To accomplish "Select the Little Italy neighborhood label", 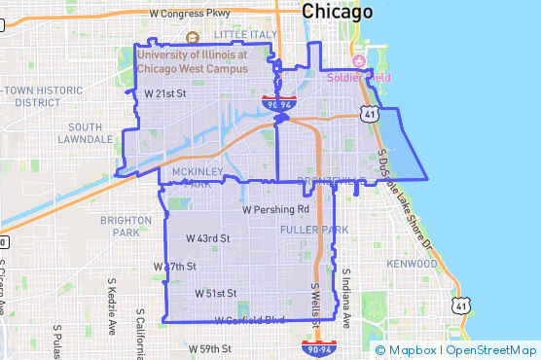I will (x=244, y=34).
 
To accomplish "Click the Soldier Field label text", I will (x=358, y=77).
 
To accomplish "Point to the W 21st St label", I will (x=165, y=93).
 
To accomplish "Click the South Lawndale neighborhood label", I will (x=85, y=133).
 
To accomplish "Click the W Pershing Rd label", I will (x=275, y=209).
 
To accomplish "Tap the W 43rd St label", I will (x=207, y=237).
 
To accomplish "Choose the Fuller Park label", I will (x=307, y=230).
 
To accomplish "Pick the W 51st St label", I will (x=216, y=292).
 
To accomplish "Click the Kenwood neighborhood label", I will (x=412, y=264).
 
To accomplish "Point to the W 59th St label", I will (x=210, y=348).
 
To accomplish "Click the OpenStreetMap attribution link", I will (x=491, y=350).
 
